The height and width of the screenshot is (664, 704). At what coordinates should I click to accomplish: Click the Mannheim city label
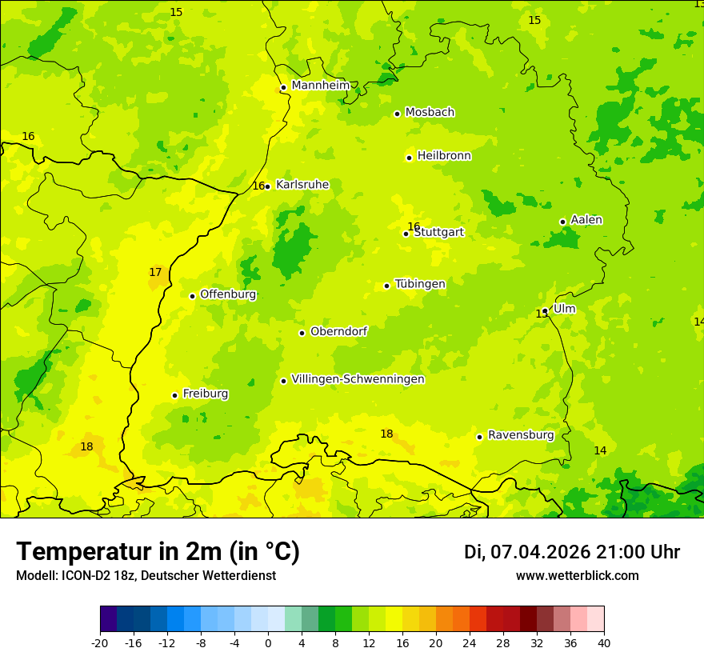click(321, 85)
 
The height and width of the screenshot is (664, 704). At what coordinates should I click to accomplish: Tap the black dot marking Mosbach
click(397, 114)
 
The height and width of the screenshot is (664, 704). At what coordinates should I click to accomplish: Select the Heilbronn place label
click(444, 156)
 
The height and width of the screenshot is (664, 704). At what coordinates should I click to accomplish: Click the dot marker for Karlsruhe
click(267, 186)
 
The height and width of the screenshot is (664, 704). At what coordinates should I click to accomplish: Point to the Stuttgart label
click(438, 232)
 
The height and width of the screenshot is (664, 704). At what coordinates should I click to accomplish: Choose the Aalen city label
click(586, 220)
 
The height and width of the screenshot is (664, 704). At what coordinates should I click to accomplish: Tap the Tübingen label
click(420, 284)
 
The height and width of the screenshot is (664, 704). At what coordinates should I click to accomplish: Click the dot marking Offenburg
click(192, 296)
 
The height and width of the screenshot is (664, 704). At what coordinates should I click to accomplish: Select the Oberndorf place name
click(338, 331)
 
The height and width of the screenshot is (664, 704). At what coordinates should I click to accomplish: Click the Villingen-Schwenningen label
click(358, 379)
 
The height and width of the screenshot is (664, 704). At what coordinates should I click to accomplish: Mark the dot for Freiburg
click(174, 395)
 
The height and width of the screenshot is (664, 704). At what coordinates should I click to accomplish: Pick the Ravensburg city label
click(521, 435)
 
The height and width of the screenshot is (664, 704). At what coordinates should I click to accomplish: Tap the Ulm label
click(564, 309)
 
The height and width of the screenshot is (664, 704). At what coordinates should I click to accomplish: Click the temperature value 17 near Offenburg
click(155, 273)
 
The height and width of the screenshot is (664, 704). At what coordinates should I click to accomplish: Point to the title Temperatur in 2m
click(158, 552)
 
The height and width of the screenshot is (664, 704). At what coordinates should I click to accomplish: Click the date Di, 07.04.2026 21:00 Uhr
click(572, 552)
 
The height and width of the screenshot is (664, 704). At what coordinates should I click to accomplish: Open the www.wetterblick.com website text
click(577, 576)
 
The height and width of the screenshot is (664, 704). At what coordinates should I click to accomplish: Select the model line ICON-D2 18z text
click(146, 576)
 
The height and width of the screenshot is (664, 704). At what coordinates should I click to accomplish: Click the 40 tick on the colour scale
click(604, 642)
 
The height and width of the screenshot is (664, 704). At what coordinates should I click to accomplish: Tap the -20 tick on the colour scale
click(100, 642)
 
